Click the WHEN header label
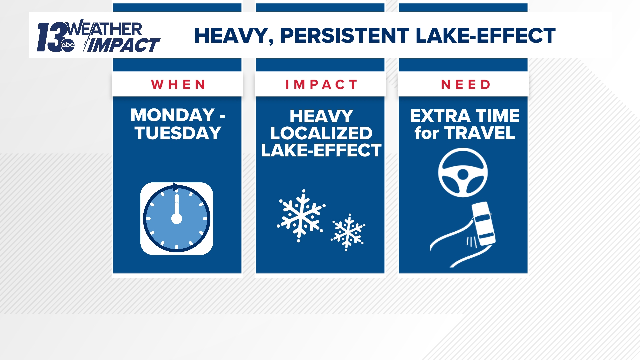coord(178,85)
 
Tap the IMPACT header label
coord(321,85)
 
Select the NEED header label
coord(466,85)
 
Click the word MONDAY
coord(172,115)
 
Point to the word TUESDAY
coord(178,133)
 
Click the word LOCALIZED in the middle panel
coord(321,133)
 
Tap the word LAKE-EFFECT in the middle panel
coord(321,150)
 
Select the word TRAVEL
coord(480,133)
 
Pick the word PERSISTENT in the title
coord(344,36)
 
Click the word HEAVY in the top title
coord(231,36)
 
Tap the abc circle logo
coord(68,45)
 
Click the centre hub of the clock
coord(177,219)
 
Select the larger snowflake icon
coord(301,215)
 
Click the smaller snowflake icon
coord(348,232)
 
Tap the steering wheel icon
coord(463,173)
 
